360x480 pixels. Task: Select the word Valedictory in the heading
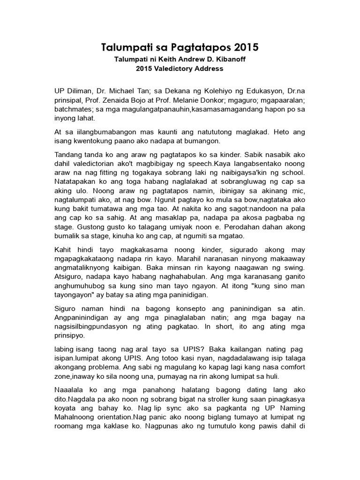[x=176, y=68]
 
